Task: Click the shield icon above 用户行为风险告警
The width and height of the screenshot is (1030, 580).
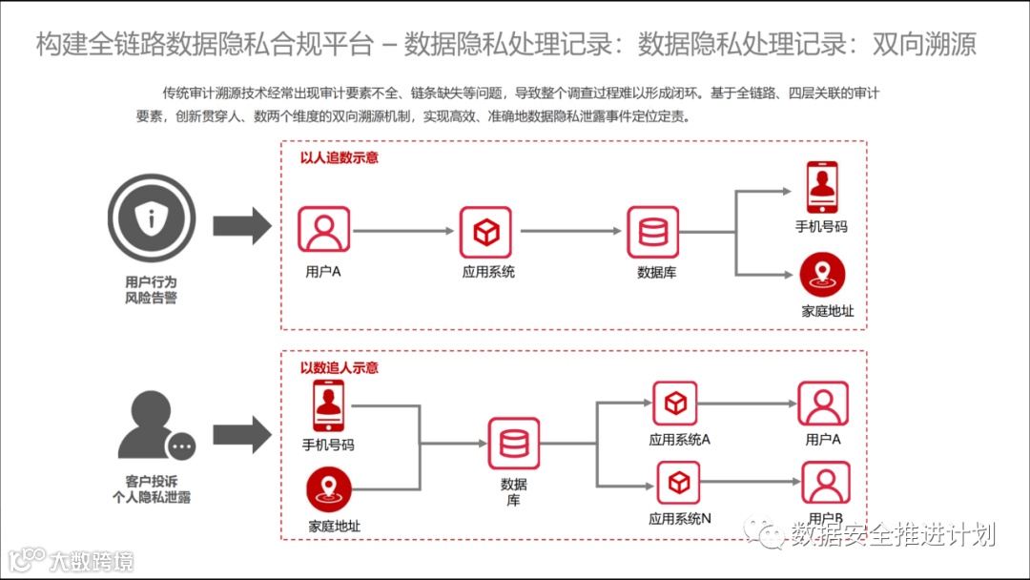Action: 151,218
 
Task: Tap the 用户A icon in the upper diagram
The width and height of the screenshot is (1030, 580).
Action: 323,230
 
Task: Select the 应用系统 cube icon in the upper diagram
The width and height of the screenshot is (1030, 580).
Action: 486,230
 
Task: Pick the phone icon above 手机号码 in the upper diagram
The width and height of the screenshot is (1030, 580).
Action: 821,187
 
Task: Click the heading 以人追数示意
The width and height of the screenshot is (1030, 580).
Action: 339,157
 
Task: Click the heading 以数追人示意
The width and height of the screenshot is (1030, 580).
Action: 339,367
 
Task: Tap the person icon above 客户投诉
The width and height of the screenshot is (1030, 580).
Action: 153,429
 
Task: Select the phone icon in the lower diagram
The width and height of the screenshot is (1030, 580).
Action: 327,404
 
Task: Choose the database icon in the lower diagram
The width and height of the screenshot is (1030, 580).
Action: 514,443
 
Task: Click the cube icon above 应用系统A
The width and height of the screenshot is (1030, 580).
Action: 675,404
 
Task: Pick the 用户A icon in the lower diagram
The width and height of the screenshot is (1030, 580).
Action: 823,404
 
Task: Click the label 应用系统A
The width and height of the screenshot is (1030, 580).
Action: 679,440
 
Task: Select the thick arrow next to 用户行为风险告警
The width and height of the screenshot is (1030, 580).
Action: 241,225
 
